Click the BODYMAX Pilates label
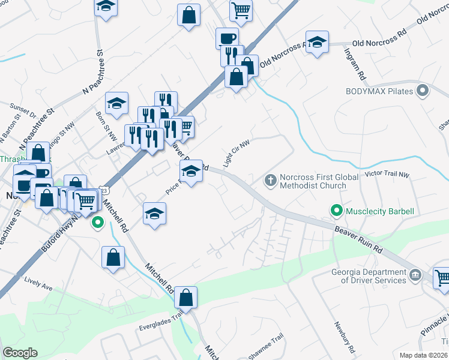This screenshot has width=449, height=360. point(379,91)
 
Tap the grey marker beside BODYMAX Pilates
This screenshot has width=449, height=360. point(423,91)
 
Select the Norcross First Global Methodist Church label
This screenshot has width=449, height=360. point(312,181)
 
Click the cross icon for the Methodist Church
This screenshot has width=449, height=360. point(270,179)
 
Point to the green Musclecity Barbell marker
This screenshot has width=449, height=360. point(336,211)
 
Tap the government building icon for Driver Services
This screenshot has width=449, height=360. point(415,277)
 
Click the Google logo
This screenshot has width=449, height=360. point(20,353)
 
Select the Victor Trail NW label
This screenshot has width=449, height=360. point(387,175)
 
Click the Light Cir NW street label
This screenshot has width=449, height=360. point(235,152)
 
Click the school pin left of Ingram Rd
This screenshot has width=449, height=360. point(317,42)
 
